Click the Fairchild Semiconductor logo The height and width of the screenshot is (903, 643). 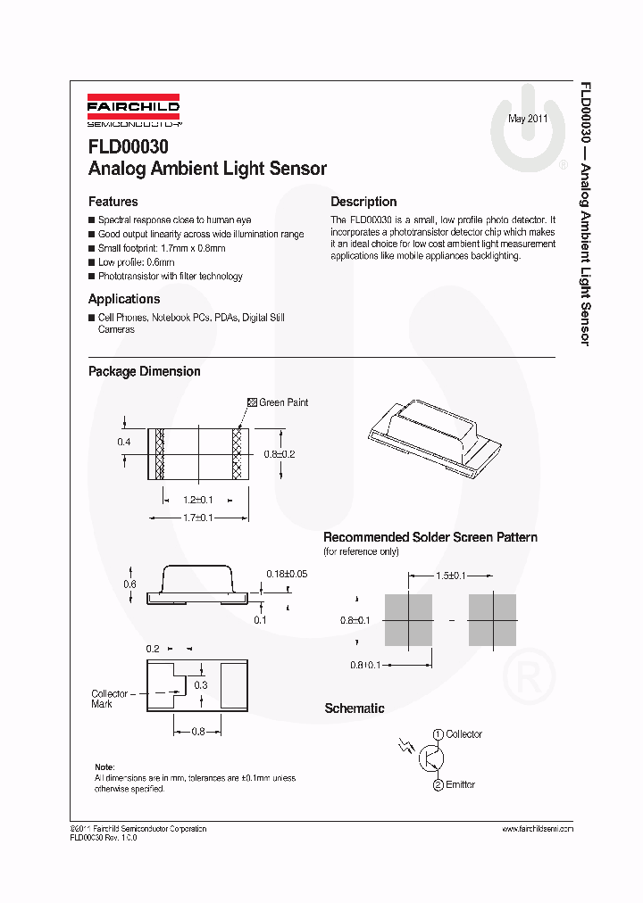[133, 107]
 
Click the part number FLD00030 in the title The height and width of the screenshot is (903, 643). [128, 146]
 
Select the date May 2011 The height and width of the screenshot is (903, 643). [528, 119]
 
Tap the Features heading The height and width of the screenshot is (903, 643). [113, 202]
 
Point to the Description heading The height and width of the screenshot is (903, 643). [363, 202]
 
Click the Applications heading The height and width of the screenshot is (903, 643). [124, 299]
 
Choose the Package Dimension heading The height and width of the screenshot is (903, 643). [144, 371]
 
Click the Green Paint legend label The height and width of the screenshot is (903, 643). [282, 402]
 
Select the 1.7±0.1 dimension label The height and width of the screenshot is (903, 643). [198, 518]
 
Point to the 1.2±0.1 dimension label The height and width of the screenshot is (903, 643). [198, 500]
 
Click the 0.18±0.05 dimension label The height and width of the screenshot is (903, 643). [287, 574]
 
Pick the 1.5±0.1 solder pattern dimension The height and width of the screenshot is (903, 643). [450, 576]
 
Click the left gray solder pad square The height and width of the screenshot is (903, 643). [408, 620]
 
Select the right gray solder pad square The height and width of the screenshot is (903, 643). [492, 620]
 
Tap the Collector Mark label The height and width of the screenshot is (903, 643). [110, 699]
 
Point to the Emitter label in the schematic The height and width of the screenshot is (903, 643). [461, 784]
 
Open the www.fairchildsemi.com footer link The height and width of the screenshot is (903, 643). [537, 829]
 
